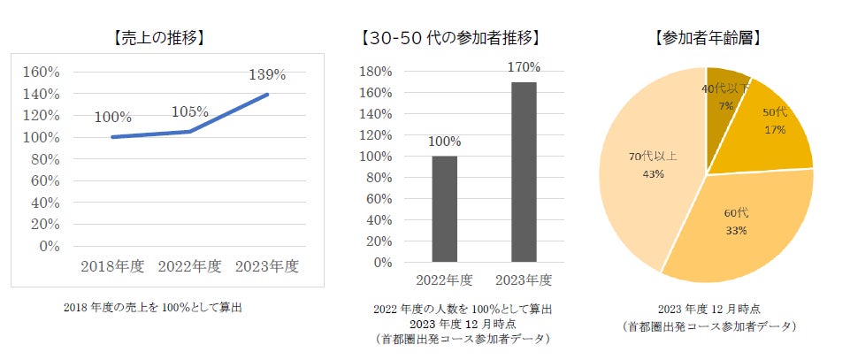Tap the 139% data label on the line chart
(267, 74)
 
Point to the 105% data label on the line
(189, 112)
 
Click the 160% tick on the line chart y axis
(42, 73)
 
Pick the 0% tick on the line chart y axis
(49, 246)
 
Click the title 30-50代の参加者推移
(451, 38)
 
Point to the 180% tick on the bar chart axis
(373, 72)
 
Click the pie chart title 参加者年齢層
(705, 38)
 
